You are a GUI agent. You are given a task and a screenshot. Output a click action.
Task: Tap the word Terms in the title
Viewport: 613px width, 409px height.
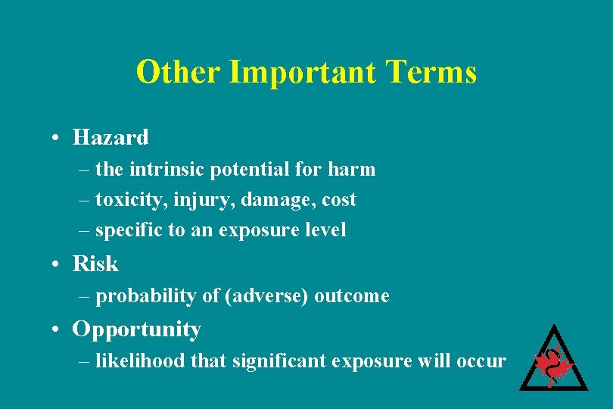click(x=431, y=73)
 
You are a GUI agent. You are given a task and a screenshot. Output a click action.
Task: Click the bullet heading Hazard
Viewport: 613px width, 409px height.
click(x=110, y=137)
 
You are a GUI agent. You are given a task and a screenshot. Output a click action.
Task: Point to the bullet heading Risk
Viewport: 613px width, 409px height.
click(x=95, y=264)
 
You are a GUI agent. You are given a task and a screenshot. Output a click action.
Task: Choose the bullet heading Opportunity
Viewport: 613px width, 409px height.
click(x=136, y=329)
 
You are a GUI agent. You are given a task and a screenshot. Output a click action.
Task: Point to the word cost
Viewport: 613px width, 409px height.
click(x=338, y=200)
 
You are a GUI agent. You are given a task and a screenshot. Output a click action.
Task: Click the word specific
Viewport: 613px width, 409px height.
click(x=129, y=230)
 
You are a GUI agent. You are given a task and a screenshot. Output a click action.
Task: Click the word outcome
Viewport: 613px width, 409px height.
click(x=352, y=296)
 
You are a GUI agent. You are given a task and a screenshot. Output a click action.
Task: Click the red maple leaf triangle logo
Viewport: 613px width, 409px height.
click(x=553, y=360)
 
